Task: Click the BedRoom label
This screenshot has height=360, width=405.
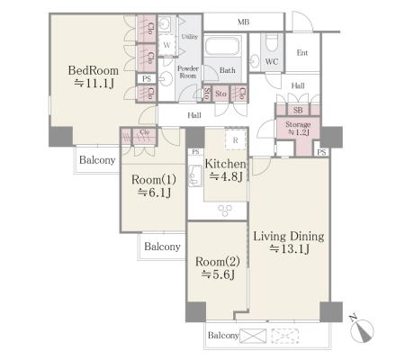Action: point(94,70)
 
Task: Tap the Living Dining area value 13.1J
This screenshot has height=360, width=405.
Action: point(289,249)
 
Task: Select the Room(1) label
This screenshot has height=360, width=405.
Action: point(154,180)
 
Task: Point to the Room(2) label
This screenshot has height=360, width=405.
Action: point(218,262)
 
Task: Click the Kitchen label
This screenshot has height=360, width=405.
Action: point(225,164)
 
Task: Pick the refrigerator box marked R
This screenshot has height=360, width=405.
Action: point(236,139)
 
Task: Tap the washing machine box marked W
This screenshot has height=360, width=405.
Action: point(166,45)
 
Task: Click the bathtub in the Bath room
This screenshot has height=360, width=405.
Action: point(223,45)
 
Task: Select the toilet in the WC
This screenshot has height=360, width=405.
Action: point(272,42)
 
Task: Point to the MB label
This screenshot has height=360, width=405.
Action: point(243,22)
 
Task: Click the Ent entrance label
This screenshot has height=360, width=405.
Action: point(302,53)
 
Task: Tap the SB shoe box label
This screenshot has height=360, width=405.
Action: point(298,110)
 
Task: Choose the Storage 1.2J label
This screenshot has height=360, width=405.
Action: point(298,128)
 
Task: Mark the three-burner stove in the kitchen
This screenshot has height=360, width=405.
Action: point(225,210)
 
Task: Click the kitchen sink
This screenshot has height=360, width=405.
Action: point(195,176)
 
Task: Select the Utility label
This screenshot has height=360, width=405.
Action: point(190,37)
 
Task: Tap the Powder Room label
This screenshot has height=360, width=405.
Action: point(188,72)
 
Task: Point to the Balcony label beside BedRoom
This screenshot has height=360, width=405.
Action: point(97,160)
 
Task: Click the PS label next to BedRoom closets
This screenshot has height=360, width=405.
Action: point(147,79)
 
